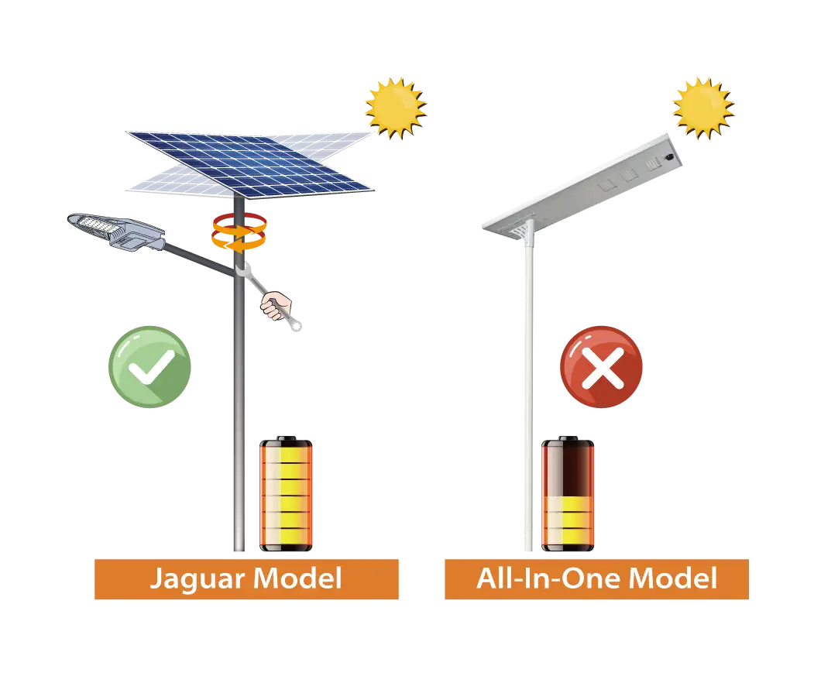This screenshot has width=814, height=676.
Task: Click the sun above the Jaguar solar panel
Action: pos(396,108)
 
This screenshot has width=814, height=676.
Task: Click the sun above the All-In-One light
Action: pos(703,108)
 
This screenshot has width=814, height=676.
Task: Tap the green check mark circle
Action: pos(149,366)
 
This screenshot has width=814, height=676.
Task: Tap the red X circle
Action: pos(601,366)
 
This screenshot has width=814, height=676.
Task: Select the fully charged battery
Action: pos(286,493)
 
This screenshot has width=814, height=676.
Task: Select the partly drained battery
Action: pos(568,493)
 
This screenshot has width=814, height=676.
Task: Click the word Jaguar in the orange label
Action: pos(197,579)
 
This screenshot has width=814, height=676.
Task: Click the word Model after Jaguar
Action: pos(298,578)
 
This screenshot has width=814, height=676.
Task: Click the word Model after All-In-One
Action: pos(673,578)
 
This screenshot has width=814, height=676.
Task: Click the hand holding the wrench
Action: pos(276,306)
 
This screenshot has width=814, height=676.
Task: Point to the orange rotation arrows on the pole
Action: pos(239,232)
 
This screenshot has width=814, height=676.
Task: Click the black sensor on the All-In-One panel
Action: pos(670,155)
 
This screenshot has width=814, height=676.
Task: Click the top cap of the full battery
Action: pos(286,439)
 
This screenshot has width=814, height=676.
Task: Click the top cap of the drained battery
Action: pos(568,439)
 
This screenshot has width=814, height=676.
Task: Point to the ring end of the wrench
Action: pos(296,325)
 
